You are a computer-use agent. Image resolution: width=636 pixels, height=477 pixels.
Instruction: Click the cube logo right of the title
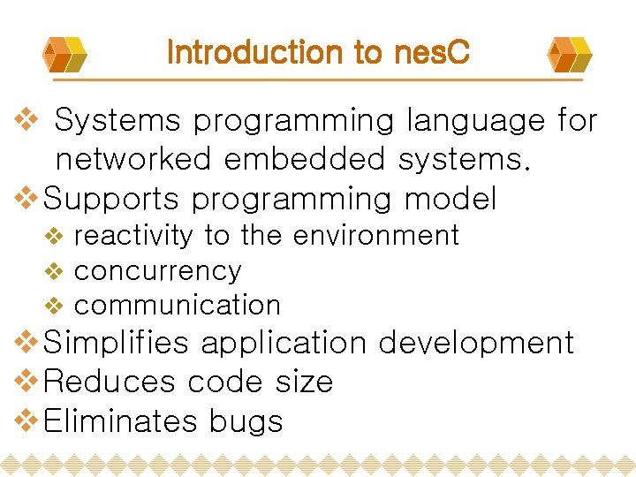569,54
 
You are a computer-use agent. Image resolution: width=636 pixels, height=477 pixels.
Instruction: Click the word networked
133,160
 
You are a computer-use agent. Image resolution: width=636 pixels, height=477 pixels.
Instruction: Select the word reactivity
133,236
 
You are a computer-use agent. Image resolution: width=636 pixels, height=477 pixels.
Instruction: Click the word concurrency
157,271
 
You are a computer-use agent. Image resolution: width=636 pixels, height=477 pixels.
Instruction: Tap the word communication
178,306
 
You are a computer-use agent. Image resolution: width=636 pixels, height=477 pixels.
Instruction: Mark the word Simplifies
116,343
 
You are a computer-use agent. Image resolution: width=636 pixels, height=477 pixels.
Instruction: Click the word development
477,343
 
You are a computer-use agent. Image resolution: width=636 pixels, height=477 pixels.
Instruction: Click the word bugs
246,422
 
